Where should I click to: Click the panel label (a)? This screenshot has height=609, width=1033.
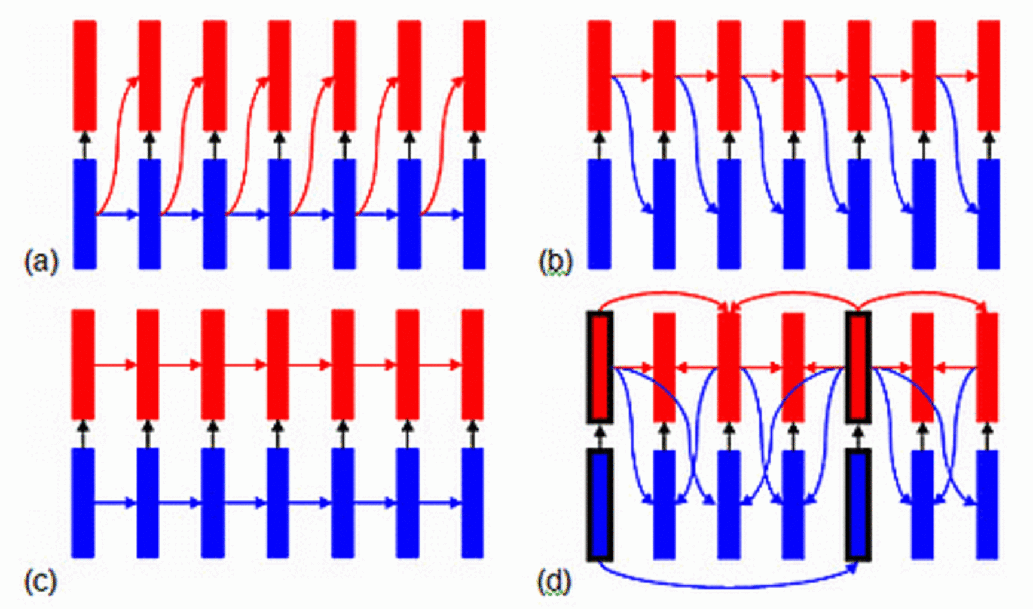(41, 261)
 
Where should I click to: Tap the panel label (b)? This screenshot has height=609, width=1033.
(555, 261)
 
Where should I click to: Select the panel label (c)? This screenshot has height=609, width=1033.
(41, 581)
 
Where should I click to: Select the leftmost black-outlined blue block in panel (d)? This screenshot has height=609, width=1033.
(600, 505)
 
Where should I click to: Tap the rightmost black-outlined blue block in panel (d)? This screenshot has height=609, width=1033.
(858, 505)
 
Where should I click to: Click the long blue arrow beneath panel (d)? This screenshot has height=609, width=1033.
(729, 585)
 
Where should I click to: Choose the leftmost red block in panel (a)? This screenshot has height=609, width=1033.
(85, 75)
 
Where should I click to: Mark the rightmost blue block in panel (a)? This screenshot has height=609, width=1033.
(474, 214)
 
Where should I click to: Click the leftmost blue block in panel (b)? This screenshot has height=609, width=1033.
(600, 214)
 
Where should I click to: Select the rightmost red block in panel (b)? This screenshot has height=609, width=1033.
(988, 75)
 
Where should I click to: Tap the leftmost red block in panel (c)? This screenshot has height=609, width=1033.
(83, 364)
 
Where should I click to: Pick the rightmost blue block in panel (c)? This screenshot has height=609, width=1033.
(472, 503)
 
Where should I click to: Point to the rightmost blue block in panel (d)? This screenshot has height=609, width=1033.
(987, 505)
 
